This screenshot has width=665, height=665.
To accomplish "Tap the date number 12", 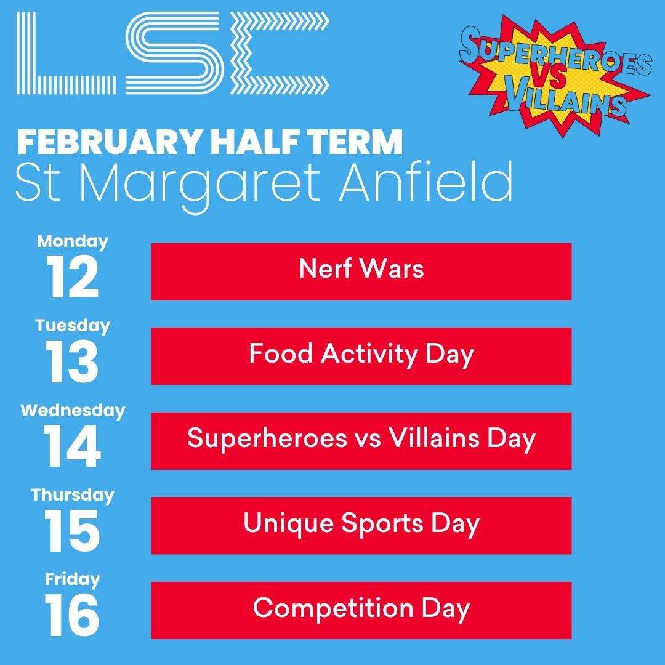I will tap(73, 278).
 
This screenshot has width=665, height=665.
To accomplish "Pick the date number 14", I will tap(73, 447).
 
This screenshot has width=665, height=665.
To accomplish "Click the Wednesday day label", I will tap(73, 410).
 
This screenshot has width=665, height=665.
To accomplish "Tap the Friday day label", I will tap(73, 579).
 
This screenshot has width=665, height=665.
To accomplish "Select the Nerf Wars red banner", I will tap(361, 272).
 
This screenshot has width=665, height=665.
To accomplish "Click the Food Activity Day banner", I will tap(361, 356).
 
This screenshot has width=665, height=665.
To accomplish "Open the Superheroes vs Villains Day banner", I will tap(361, 441).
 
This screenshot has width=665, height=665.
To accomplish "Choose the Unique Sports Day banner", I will tap(361, 525).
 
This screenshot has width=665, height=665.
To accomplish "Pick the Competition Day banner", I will tap(361, 610).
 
